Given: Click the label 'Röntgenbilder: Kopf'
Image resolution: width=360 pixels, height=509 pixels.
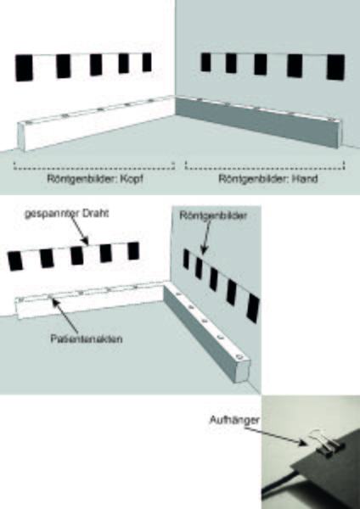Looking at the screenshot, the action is pyautogui.click(x=95, y=179).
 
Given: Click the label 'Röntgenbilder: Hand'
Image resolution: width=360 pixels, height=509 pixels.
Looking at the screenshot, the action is pyautogui.click(x=268, y=178).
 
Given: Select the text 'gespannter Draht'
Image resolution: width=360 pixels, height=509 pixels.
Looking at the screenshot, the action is pyautogui.click(x=67, y=214).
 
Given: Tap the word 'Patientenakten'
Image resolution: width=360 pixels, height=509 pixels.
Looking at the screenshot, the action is pyautogui.click(x=87, y=338).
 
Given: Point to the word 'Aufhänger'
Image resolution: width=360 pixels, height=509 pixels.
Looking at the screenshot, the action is pyautogui.click(x=234, y=420).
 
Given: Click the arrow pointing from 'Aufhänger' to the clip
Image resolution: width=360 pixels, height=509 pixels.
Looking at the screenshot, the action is pyautogui.click(x=276, y=437).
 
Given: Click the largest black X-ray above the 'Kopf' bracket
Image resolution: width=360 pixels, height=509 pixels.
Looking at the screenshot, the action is pyautogui.click(x=24, y=68).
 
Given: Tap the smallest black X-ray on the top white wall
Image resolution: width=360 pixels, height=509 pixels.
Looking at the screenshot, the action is pyautogui.click(x=147, y=62).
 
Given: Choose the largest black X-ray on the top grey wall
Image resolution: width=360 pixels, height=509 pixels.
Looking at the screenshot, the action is pyautogui.click(x=335, y=67).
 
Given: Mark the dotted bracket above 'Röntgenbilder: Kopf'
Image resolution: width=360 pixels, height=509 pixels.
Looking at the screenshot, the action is pyautogui.click(x=94, y=166).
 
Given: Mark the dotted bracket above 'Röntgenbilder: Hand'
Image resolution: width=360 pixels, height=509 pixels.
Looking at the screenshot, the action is pyautogui.click(x=264, y=166).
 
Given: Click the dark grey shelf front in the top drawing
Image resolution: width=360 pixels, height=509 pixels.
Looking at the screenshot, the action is pyautogui.click(x=256, y=123).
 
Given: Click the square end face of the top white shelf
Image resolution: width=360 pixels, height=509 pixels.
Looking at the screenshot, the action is pyautogui.click(x=21, y=137).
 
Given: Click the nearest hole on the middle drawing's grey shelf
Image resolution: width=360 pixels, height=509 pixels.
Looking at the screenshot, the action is pyautogui.click(x=239, y=357).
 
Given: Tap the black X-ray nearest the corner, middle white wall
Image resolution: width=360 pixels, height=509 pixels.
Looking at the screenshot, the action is pyautogui.click(x=133, y=251).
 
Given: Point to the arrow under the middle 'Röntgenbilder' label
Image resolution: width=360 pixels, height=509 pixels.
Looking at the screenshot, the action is pyautogui.click(x=205, y=238).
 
